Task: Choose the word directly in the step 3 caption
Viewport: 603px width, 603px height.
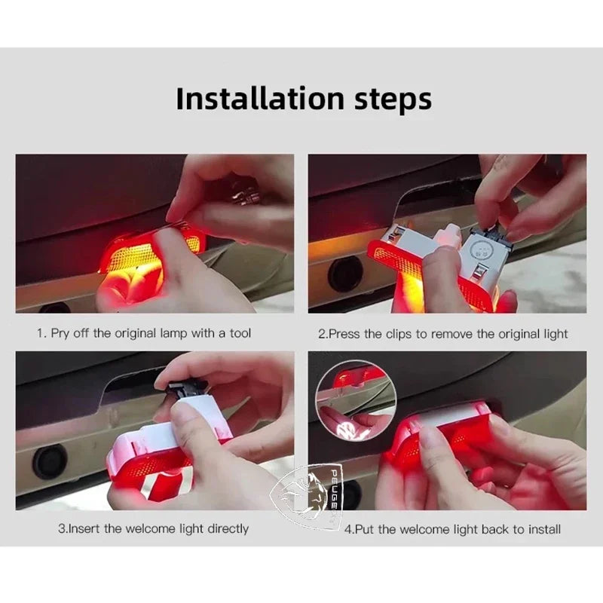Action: (x=225, y=528)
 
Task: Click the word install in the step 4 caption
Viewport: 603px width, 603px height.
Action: (x=542, y=529)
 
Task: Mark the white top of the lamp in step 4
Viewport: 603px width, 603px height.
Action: (x=452, y=412)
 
